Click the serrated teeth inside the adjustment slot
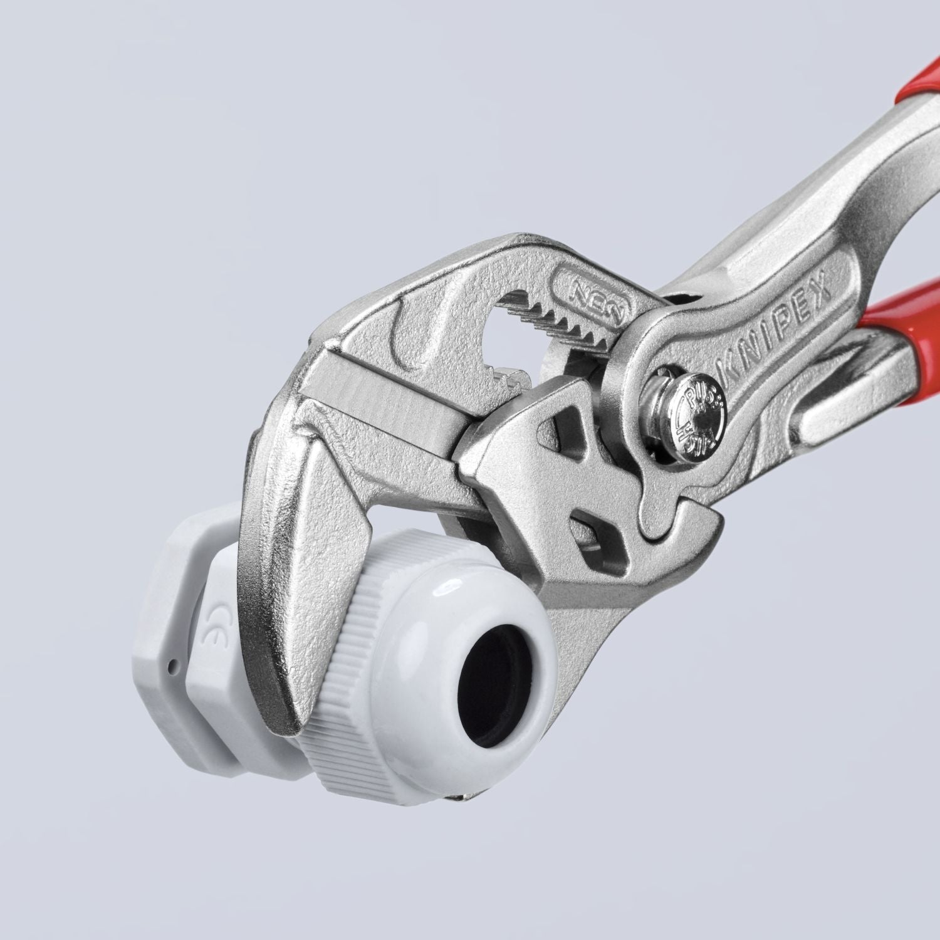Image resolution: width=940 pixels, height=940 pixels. (551, 313)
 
